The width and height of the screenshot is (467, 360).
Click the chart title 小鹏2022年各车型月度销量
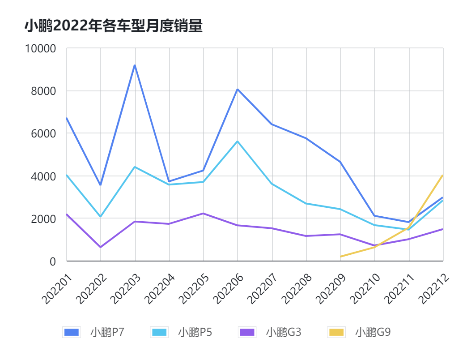click(114, 26)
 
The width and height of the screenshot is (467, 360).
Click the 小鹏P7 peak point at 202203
click(135, 65)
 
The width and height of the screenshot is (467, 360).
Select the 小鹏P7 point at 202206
click(238, 89)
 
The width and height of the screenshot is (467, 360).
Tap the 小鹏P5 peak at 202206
click(238, 141)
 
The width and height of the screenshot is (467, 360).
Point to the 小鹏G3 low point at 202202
click(100, 247)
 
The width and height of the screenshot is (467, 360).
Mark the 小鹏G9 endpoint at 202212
click(443, 175)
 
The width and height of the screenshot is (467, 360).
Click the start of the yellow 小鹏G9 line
click(341, 257)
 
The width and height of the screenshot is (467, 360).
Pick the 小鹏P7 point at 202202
click(100, 185)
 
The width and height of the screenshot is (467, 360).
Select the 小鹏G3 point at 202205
click(204, 213)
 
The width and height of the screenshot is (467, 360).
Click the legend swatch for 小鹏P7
click(72, 332)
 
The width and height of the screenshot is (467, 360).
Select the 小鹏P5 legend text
click(195, 332)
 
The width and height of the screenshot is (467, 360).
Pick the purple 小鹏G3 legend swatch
click(247, 332)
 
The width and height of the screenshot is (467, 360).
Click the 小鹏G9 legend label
click(373, 332)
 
